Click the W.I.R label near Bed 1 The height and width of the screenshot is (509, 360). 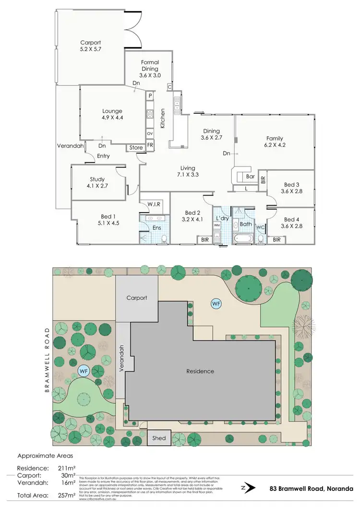154,205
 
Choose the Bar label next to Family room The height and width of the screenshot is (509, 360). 250,177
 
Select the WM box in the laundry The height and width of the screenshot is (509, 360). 216,225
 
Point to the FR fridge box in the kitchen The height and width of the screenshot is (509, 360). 150,144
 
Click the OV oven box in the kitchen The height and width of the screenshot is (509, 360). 150,133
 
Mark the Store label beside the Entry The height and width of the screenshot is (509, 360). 136,148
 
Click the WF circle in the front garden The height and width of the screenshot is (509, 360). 84,371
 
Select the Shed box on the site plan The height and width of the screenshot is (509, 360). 159,438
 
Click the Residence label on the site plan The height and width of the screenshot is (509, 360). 200,371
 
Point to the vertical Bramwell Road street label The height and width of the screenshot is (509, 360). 47,360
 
